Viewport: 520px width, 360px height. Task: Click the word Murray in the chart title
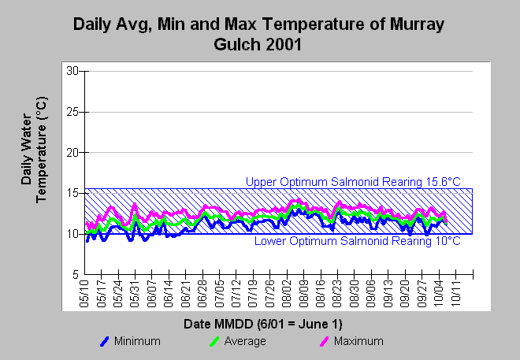point(417,25)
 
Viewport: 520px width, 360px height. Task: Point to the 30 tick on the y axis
point(72,71)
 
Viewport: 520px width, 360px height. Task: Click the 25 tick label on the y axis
point(72,112)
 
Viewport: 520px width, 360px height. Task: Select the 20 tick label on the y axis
point(72,153)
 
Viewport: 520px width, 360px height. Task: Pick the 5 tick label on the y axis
point(76,275)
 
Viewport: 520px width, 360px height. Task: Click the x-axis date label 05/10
point(84,293)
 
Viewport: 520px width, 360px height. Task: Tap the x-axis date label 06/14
point(169,293)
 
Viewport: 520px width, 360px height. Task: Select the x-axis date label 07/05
point(219,293)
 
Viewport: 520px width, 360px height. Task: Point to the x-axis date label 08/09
point(303,293)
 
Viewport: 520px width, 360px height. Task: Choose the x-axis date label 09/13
point(388,293)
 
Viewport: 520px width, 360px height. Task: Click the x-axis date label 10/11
point(455,293)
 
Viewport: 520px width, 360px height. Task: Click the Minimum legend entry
point(130,341)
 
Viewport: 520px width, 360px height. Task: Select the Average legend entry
point(237,341)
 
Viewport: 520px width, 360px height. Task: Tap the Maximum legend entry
point(351,341)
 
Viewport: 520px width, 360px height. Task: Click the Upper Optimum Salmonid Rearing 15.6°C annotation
point(353,182)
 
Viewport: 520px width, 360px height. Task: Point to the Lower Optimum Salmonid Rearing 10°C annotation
point(358,241)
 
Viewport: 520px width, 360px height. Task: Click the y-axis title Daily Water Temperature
point(34,150)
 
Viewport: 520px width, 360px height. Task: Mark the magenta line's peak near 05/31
point(135,204)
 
